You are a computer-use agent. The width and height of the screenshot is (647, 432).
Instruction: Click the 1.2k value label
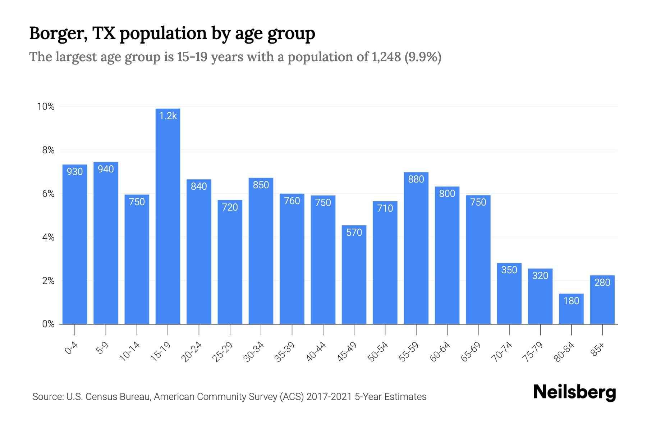(168, 116)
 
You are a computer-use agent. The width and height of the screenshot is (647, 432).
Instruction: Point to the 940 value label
(106, 169)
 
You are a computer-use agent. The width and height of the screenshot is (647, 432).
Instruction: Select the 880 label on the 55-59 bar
(416, 179)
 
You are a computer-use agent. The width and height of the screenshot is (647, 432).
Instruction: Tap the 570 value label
(354, 233)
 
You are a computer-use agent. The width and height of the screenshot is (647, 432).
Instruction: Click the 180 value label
(571, 301)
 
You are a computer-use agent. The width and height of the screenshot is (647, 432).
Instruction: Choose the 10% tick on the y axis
(46, 107)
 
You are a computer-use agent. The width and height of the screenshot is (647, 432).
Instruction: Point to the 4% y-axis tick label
(48, 237)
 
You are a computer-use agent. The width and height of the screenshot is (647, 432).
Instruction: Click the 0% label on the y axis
(48, 324)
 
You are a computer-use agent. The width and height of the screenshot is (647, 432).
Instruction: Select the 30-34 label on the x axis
(254, 352)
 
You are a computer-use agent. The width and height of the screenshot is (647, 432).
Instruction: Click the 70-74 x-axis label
(502, 352)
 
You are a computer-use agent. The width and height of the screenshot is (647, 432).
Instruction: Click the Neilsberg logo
(574, 392)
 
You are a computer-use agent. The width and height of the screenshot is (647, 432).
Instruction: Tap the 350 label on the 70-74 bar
(509, 270)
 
